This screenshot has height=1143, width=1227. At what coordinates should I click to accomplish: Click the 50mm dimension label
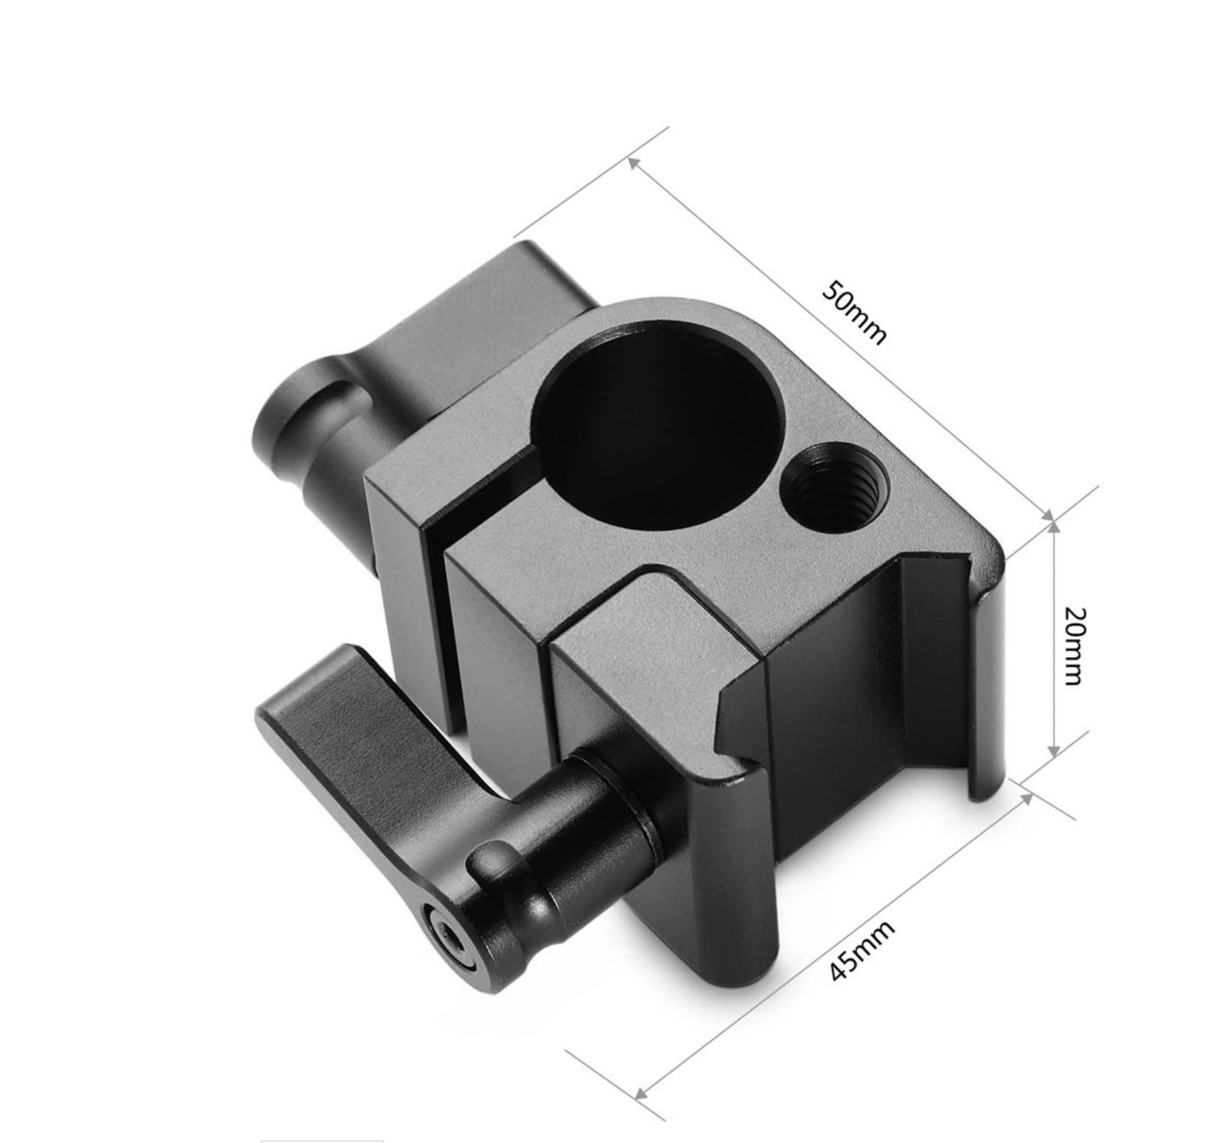tap(853, 312)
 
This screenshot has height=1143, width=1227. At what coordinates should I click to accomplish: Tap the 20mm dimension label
tap(1075, 645)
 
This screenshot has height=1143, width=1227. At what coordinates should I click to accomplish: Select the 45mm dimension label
tap(862, 951)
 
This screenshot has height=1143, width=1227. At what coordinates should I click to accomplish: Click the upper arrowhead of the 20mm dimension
tap(1054, 525)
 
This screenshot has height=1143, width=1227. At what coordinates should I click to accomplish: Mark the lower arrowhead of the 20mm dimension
tap(1054, 751)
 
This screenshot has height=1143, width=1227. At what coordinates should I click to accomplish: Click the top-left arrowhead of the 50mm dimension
tap(633, 162)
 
